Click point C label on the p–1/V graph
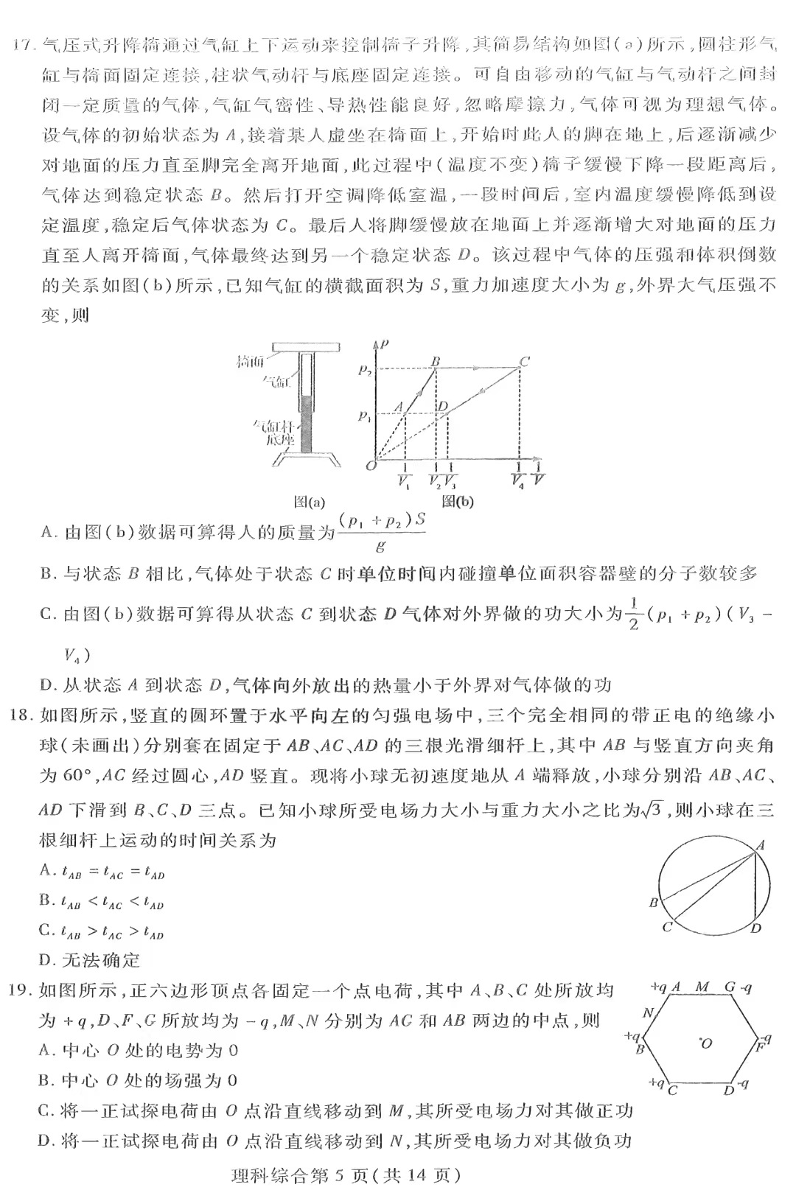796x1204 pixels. [525, 361]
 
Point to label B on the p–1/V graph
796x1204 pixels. [436, 361]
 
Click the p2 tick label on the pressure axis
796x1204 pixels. [366, 371]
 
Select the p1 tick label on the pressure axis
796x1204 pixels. [365, 417]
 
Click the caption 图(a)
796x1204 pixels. [310, 503]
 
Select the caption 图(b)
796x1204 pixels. [458, 503]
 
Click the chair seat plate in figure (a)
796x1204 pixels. [306, 346]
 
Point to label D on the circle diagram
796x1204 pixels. [756, 928]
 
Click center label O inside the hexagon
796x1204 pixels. [707, 1043]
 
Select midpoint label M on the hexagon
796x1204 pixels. [702, 987]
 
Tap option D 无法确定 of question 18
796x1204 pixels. [90, 960]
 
